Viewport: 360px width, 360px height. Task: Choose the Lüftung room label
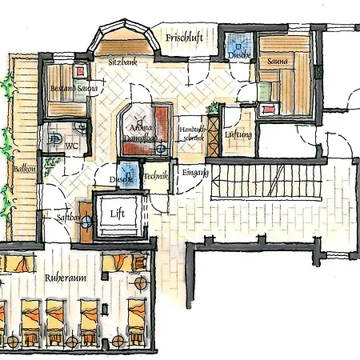(x=238, y=135)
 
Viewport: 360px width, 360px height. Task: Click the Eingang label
(x=194, y=172)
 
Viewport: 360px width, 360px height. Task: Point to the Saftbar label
(x=70, y=217)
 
